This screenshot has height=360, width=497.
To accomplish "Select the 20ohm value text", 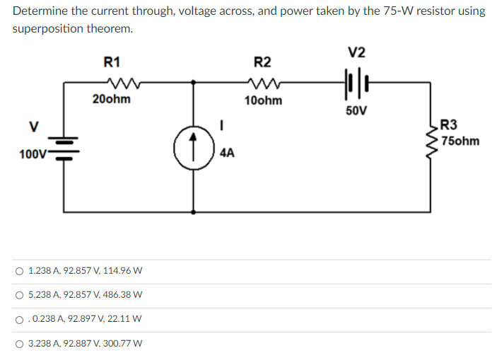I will point(111,99).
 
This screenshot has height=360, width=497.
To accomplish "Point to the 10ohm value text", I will point(263,100).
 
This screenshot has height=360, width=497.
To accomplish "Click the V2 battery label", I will point(357,53).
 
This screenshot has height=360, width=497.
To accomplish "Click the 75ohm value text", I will point(459,141).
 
